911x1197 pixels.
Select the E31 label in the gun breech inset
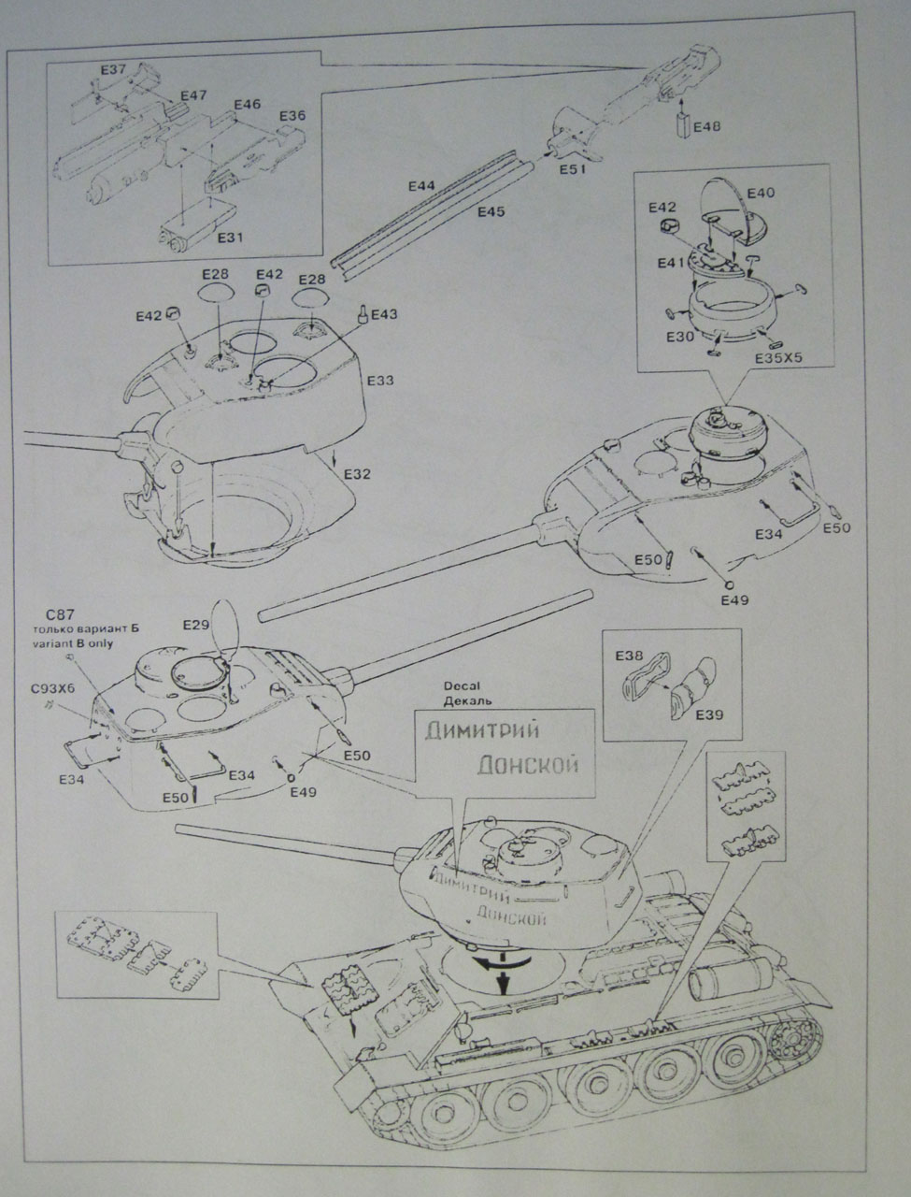[229, 238]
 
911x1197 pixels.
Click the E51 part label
[573, 169]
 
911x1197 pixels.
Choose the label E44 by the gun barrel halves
[422, 186]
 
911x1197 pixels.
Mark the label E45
[491, 212]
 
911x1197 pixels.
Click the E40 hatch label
[762, 193]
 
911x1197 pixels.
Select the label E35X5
[781, 356]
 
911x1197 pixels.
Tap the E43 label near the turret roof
[384, 315]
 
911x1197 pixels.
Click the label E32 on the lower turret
[357, 474]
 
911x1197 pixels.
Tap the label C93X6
[53, 689]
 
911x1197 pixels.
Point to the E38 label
[629, 656]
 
